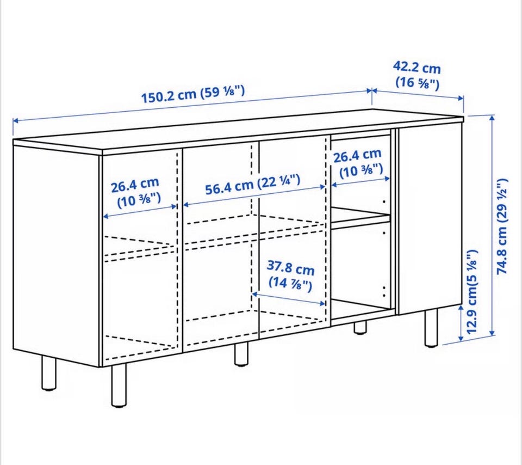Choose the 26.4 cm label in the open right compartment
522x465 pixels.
click(x=358, y=163)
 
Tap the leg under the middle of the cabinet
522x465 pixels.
click(x=241, y=354)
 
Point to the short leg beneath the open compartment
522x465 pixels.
click(x=360, y=327)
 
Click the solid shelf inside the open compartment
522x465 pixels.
click(x=360, y=217)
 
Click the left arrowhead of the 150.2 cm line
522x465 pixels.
click(x=16, y=121)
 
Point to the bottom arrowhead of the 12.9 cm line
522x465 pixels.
click(x=461, y=338)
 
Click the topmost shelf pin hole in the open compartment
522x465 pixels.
click(x=384, y=201)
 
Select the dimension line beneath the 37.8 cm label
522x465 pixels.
click(x=289, y=299)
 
